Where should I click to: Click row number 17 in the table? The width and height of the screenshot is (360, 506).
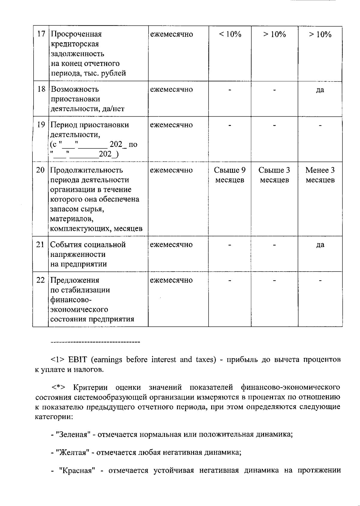click(41, 34)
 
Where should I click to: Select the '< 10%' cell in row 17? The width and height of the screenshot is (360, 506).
click(230, 34)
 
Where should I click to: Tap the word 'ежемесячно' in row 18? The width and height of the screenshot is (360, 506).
click(171, 89)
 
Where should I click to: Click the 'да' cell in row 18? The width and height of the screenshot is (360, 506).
click(320, 90)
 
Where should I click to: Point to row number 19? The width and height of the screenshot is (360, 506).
click(41, 125)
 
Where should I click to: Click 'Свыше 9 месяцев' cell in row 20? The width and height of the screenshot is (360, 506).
click(230, 175)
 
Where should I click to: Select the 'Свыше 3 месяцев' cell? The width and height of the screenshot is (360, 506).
click(274, 175)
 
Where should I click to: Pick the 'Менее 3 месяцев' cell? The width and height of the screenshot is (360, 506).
click(320, 175)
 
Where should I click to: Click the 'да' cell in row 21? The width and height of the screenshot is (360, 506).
click(320, 245)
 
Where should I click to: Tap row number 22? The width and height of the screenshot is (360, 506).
click(40, 280)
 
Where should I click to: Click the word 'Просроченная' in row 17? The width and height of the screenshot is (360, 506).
click(76, 34)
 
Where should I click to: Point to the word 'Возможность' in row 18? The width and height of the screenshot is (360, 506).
click(75, 89)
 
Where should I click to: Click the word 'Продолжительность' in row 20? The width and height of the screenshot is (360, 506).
click(86, 170)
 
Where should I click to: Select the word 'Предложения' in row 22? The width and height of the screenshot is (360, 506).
click(75, 280)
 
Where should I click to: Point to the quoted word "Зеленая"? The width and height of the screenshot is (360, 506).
click(74, 434)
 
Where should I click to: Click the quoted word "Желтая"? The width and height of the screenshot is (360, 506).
click(73, 452)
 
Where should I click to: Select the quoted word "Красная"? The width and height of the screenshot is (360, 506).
click(77, 470)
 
